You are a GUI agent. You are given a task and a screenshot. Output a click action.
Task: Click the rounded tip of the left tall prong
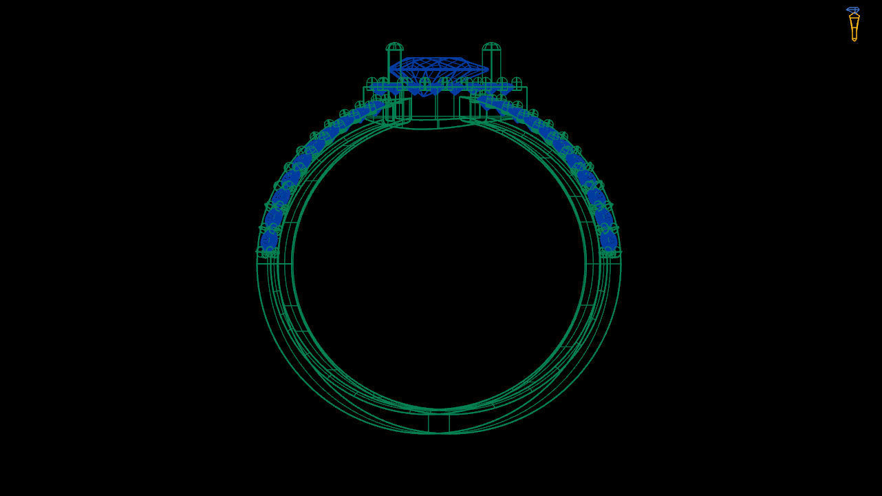point(394,47)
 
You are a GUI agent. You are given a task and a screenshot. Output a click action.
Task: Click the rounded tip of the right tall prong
point(491,47)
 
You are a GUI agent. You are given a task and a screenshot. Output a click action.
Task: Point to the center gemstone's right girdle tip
point(487,69)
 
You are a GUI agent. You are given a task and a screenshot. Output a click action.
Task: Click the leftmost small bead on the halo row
point(372,83)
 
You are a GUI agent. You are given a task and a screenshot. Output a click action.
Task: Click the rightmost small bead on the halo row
point(516,83)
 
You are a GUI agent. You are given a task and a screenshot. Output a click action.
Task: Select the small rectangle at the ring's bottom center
point(438,422)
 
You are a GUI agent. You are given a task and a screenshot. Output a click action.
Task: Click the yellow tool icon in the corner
point(854,28)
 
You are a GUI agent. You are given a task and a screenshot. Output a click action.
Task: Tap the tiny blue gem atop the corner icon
point(853,10)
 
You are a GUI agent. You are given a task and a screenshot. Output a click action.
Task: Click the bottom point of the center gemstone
point(424,94)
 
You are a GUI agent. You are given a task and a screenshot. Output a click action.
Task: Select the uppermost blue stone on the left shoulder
point(377,105)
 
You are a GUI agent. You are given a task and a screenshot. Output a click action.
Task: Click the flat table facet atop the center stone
point(438,61)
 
